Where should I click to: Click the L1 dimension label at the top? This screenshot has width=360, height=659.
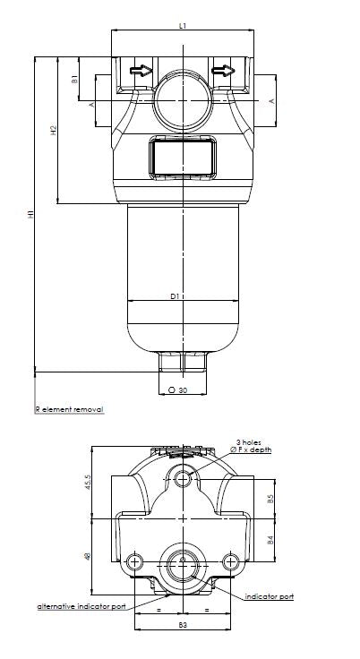(183, 26)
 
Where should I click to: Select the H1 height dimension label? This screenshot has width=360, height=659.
(30, 214)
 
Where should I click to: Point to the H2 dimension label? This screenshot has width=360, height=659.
(54, 130)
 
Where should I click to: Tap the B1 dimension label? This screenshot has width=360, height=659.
(75, 79)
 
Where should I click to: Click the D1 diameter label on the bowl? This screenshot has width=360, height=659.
(176, 295)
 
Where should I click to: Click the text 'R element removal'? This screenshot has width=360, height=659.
(69, 409)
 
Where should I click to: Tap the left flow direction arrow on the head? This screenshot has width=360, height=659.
(141, 70)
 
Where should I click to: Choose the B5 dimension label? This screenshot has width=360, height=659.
(270, 500)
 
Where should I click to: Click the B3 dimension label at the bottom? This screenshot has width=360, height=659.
(183, 624)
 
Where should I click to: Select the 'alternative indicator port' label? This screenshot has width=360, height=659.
(81, 607)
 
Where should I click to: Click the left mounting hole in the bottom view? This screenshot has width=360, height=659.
(134, 562)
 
